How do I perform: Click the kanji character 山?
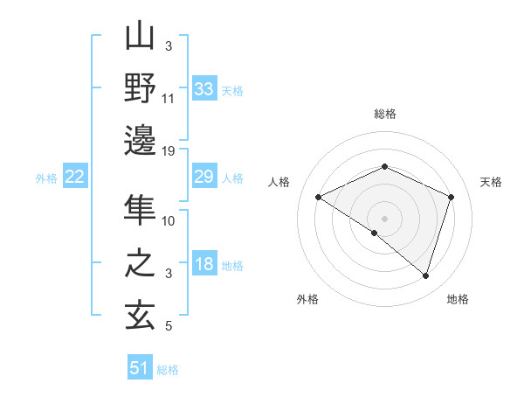point(141,38)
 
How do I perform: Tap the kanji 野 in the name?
point(141,89)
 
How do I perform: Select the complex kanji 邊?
point(141,141)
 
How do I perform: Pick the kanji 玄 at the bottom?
point(141,314)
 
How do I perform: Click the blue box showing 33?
point(204,89)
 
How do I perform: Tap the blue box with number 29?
point(204,178)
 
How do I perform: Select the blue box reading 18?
point(204,264)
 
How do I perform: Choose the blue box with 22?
point(75,178)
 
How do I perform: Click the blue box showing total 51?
point(140,368)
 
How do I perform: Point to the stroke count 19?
point(169,151)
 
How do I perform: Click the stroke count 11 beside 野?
point(169,99)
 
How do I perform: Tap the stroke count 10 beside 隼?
point(169,220)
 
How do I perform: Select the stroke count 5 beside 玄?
point(169,326)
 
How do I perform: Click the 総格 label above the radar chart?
point(385,114)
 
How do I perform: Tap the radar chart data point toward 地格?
point(425,276)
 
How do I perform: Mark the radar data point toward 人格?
point(319,198)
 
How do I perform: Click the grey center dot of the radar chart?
point(384,218)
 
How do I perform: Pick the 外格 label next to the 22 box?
point(46,178)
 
